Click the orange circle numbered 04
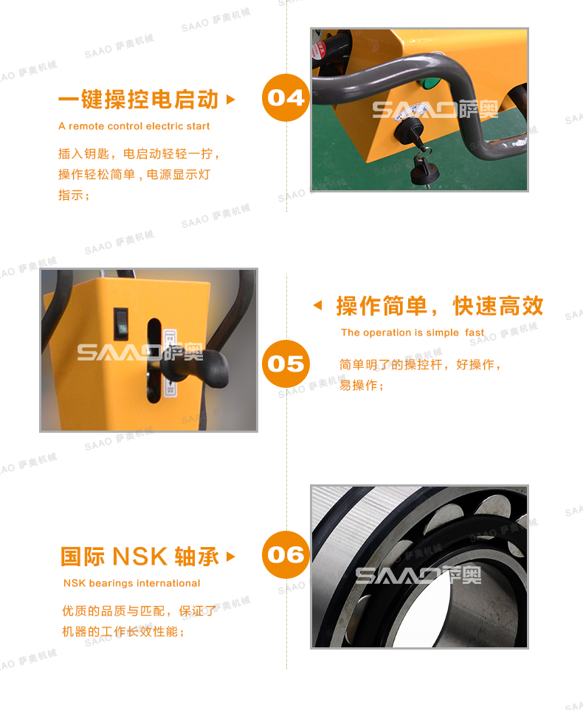tap(286, 97)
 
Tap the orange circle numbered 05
tap(286, 363)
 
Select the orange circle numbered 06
tap(286, 554)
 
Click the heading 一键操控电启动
tap(138, 99)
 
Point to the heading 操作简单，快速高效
tap(440, 305)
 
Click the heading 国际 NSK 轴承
tap(139, 557)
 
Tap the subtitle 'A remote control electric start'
tap(134, 126)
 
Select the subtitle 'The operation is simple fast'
tap(413, 333)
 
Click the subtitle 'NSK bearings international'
tap(132, 583)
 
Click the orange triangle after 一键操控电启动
tap(231, 99)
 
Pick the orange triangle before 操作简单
tap(318, 305)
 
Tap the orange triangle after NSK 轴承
tap(231, 557)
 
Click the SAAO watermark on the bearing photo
tap(418, 575)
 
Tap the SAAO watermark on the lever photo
tap(140, 352)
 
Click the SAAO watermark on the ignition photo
tap(435, 111)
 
